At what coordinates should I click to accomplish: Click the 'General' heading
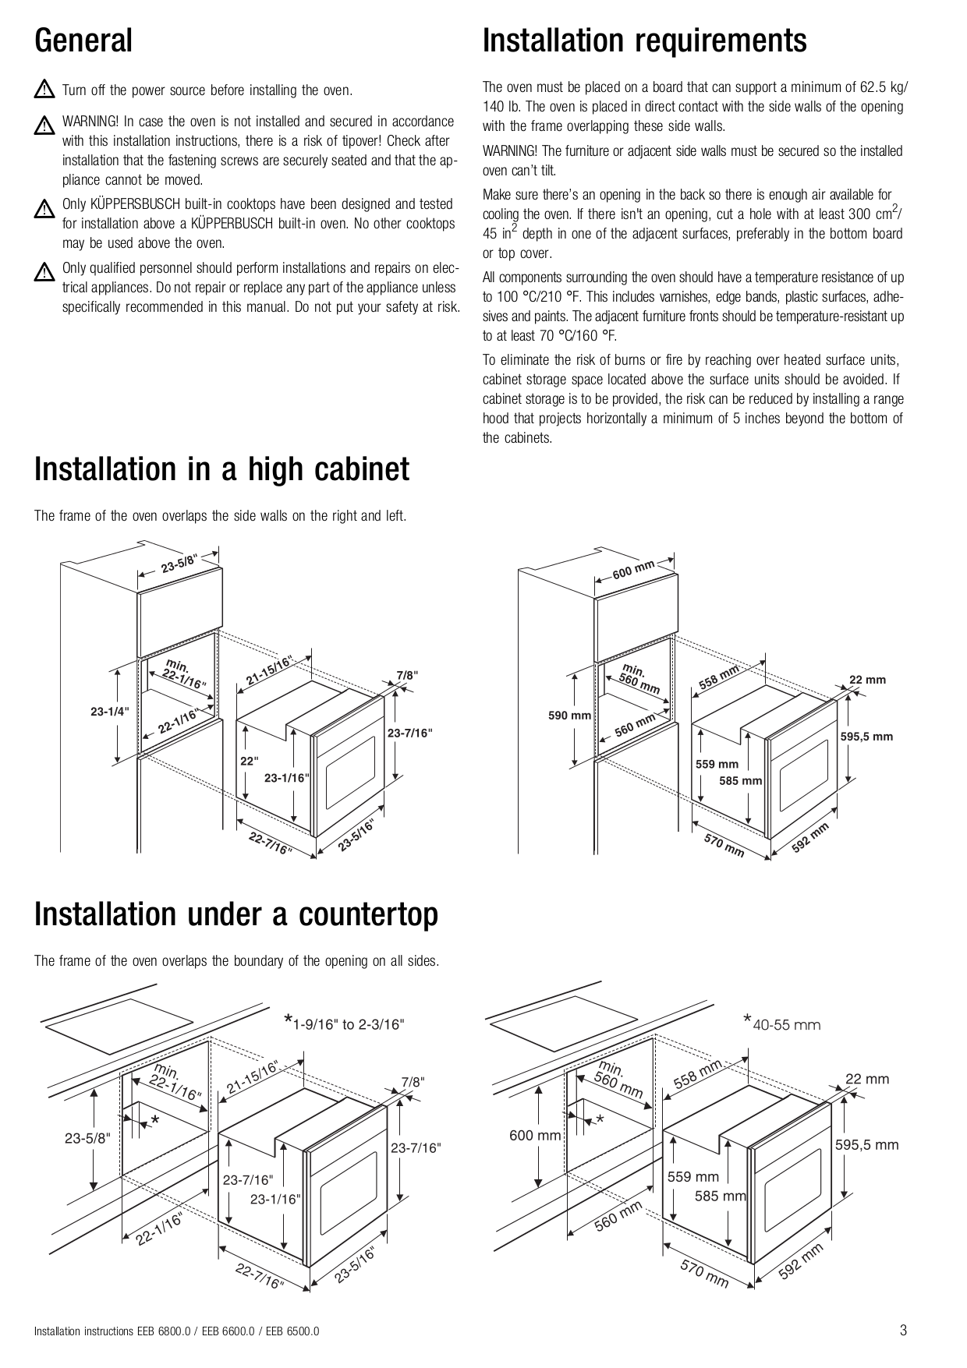pyautogui.click(x=83, y=41)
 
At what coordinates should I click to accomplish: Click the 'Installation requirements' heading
pyautogui.click(x=644, y=41)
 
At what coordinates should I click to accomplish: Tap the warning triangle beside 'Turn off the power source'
pyautogui.click(x=44, y=90)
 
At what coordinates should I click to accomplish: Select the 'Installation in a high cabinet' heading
pyautogui.click(x=221, y=469)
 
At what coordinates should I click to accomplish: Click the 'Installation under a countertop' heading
pyautogui.click(x=236, y=914)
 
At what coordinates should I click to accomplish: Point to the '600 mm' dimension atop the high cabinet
pyautogui.click(x=632, y=570)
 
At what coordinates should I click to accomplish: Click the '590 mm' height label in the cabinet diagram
pyautogui.click(x=569, y=715)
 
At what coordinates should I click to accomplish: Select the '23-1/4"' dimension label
pyautogui.click(x=109, y=711)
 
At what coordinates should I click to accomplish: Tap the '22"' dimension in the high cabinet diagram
pyautogui.click(x=249, y=761)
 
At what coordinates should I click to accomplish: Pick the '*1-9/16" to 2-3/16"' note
pyautogui.click(x=344, y=1023)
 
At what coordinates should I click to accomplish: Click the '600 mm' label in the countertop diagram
pyautogui.click(x=535, y=1136)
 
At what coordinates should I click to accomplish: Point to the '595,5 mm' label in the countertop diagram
pyautogui.click(x=866, y=1145)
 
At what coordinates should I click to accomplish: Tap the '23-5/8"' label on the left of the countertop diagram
pyautogui.click(x=87, y=1137)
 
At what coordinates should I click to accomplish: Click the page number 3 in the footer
pyautogui.click(x=903, y=1331)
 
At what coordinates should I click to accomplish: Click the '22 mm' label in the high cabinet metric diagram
pyautogui.click(x=867, y=680)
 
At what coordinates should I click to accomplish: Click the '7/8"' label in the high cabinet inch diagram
pyautogui.click(x=407, y=675)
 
